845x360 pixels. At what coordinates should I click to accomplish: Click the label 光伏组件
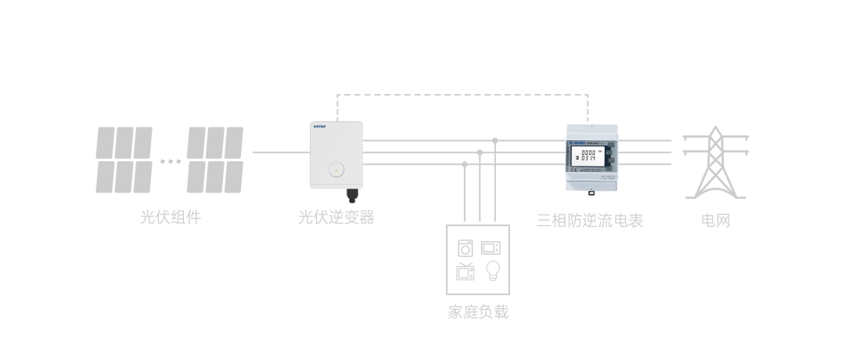[170, 218]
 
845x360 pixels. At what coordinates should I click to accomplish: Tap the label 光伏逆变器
[336, 218]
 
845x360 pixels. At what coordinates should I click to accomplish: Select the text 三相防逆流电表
[589, 221]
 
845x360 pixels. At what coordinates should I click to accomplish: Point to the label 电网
[715, 221]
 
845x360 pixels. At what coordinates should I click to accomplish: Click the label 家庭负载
[478, 312]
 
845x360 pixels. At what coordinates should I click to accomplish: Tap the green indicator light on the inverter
[336, 169]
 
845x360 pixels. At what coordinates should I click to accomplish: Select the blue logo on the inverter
[319, 125]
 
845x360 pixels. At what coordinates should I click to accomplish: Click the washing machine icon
[465, 248]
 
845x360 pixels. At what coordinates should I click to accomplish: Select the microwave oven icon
[491, 248]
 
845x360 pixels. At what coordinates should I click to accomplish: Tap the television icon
[465, 272]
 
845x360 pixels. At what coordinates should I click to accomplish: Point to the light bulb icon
[492, 271]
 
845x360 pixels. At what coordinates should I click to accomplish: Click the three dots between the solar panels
[170, 162]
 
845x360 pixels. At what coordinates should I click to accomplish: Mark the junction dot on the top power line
[495, 141]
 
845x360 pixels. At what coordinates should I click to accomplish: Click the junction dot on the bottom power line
[465, 164]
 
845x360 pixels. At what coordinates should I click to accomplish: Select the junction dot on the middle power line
[480, 153]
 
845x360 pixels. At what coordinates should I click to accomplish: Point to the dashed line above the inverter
[462, 95]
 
